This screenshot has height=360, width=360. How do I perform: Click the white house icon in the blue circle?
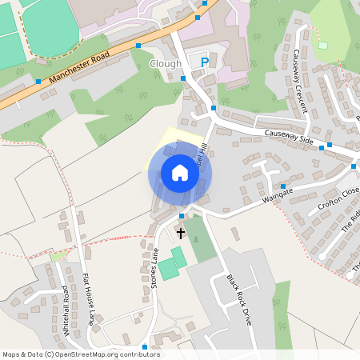(180, 172)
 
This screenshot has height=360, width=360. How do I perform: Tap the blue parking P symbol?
(205, 62)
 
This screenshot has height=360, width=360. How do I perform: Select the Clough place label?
(166, 63)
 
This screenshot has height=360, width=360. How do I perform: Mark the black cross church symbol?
(180, 234)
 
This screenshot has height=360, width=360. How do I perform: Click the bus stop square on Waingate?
(283, 186)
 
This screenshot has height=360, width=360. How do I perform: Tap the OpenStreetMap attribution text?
(80, 354)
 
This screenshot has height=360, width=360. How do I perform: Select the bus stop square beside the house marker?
(182, 216)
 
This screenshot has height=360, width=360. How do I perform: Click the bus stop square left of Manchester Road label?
(38, 81)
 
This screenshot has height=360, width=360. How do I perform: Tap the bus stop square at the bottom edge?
(145, 346)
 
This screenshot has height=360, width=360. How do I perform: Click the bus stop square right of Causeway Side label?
(322, 147)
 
